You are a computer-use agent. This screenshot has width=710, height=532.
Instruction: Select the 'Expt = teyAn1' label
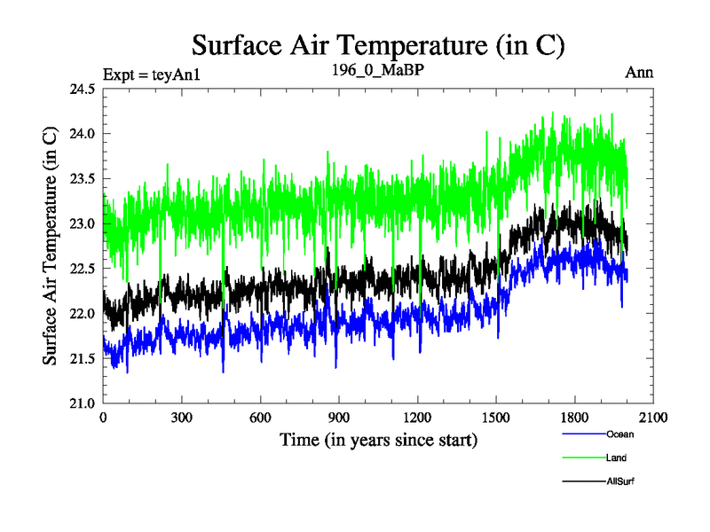point(152,74)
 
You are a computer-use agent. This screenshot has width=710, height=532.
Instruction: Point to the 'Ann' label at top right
point(639,73)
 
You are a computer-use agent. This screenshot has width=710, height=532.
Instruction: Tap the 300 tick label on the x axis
point(181,418)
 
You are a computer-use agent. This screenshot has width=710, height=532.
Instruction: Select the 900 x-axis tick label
point(338,418)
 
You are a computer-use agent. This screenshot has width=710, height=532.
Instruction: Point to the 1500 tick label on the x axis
point(495,418)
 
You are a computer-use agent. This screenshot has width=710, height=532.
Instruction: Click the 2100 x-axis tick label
point(652,418)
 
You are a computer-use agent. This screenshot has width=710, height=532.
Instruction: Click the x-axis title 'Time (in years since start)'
point(378,440)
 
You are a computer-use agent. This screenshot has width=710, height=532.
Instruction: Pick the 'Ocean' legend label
point(619,434)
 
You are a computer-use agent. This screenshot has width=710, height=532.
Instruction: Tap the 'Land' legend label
point(616,458)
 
